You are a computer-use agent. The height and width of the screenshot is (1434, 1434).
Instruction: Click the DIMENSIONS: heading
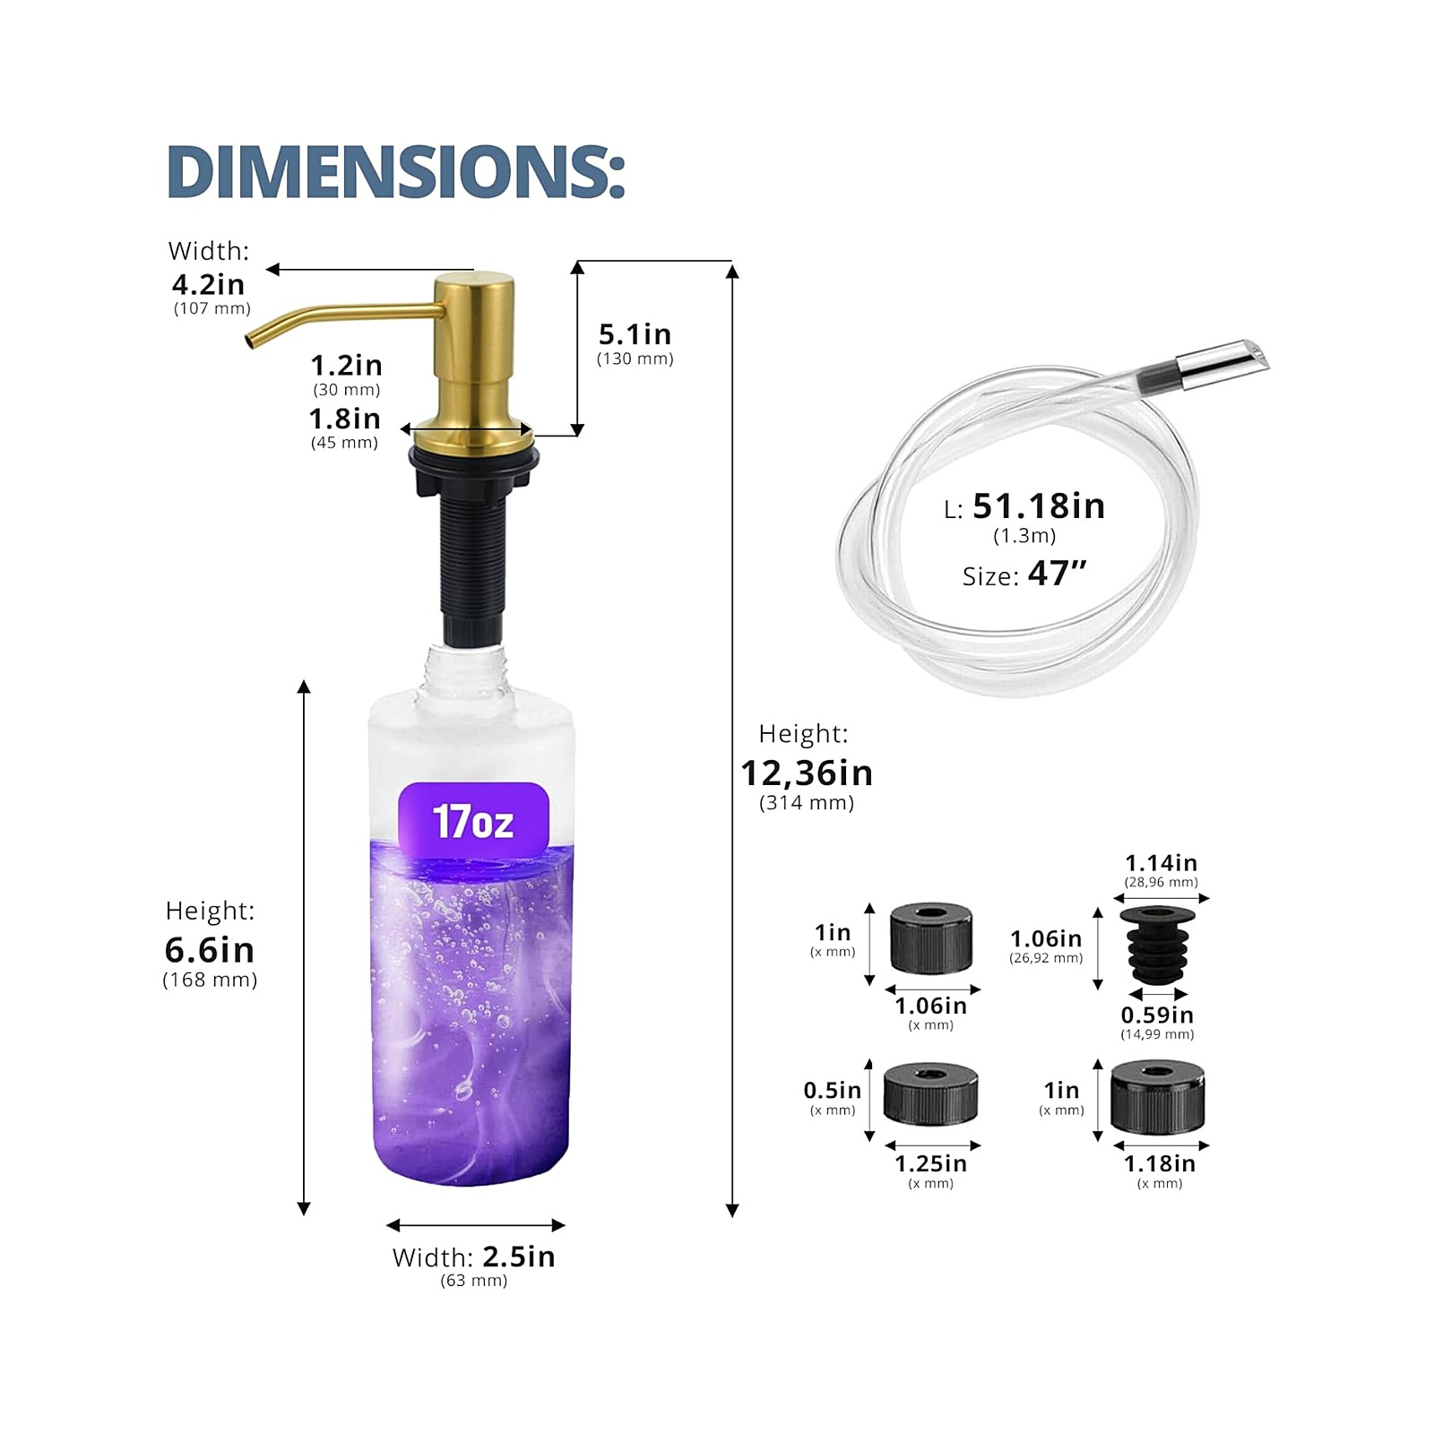click(395, 171)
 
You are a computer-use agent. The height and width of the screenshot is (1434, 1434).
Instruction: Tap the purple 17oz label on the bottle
click(473, 820)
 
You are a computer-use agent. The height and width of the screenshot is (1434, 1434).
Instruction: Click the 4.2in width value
click(208, 284)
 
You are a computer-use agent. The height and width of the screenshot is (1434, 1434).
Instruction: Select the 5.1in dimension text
click(635, 334)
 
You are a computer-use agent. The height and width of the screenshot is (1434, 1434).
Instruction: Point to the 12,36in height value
click(807, 773)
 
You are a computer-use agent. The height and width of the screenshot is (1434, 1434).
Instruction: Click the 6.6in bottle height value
click(210, 949)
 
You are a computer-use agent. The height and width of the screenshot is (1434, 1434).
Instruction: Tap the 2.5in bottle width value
click(519, 1257)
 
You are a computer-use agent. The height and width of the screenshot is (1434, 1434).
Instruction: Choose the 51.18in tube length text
click(1039, 506)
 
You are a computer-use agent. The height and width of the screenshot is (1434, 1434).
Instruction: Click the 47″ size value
click(1058, 573)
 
